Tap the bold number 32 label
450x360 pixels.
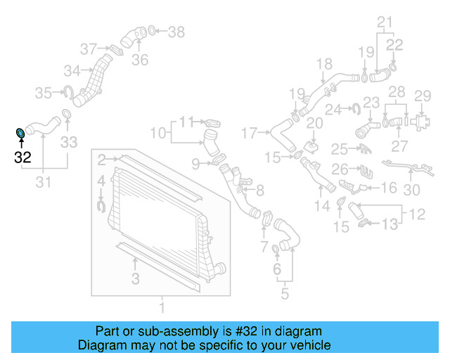coord(22,157)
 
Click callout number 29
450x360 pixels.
coord(422,96)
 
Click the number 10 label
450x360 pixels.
coord(157,131)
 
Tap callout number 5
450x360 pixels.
coord(284,294)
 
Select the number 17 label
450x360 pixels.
coord(250,131)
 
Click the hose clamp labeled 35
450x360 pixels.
coord(70,91)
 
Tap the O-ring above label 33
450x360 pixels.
coord(67,115)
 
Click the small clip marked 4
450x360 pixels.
coord(100,205)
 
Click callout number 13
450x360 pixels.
coord(390,224)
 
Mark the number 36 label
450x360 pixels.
coord(140,60)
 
